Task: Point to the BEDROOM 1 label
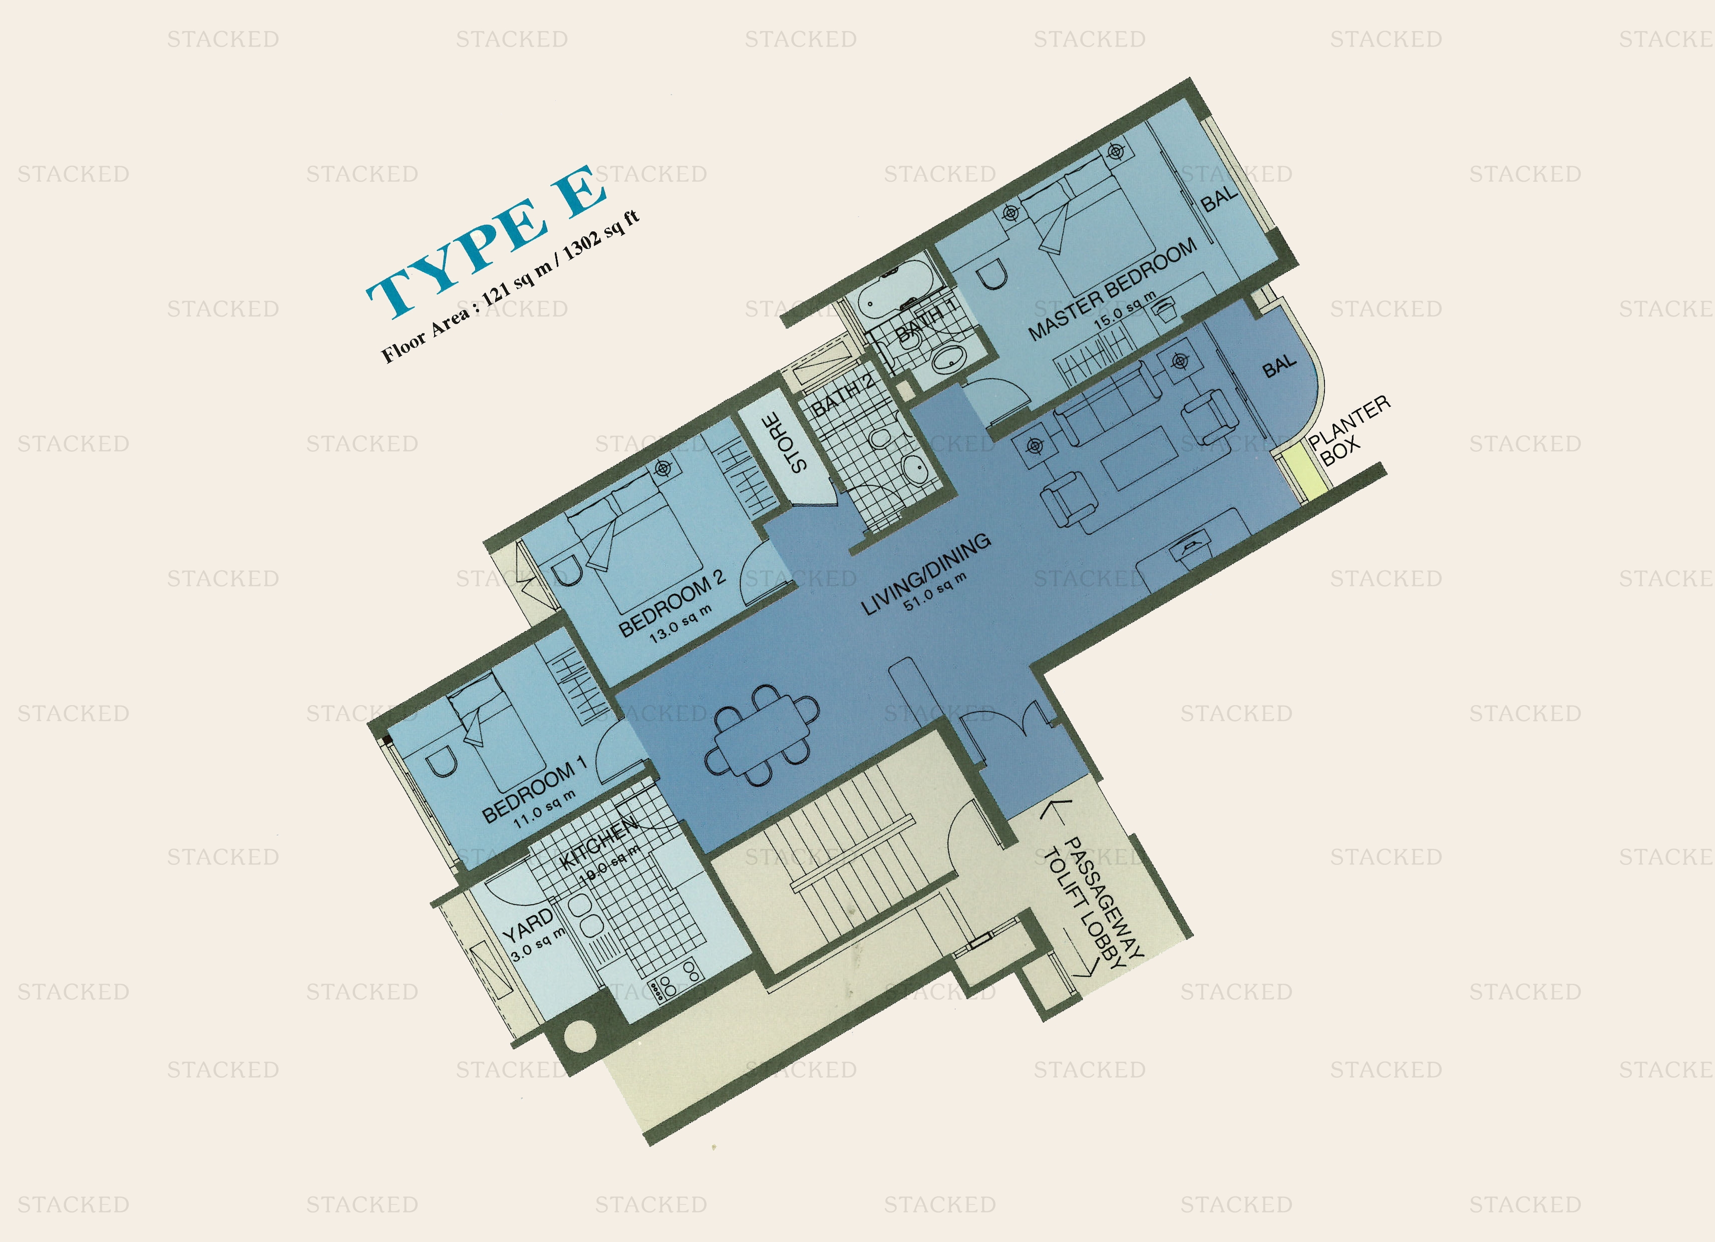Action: [534, 790]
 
